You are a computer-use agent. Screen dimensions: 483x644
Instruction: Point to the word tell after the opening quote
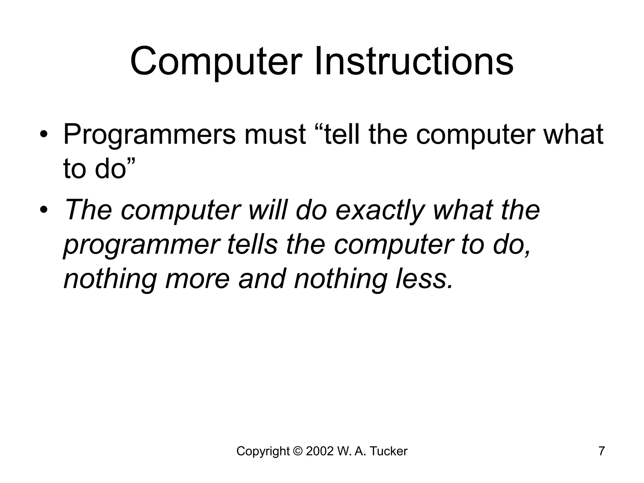[x=344, y=135]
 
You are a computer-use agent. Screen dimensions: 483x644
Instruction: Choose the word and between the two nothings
[x=262, y=279]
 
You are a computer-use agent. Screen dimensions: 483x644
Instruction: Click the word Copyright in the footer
[x=263, y=451]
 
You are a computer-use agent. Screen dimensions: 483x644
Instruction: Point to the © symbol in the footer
[x=297, y=451]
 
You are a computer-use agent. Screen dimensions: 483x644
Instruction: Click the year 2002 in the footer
[x=319, y=451]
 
